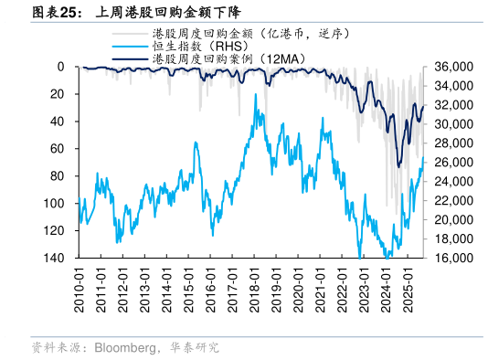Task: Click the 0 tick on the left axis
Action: point(59,67)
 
